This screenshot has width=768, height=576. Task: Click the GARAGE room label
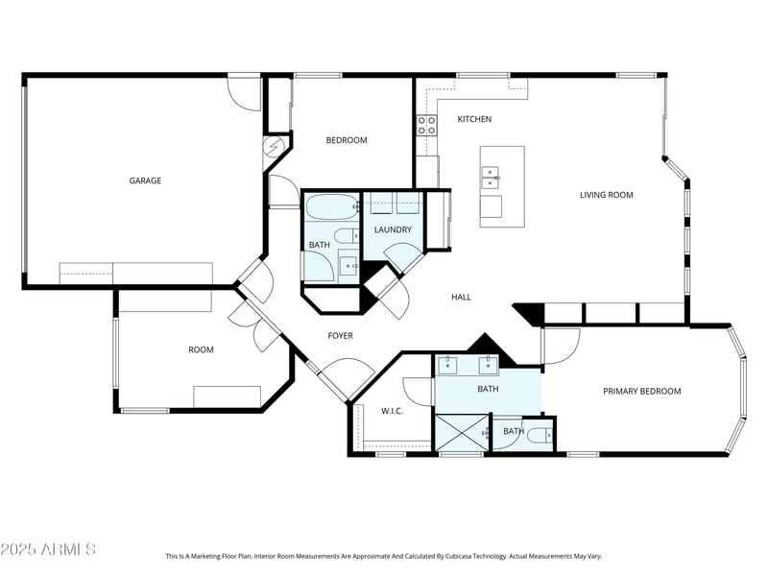[x=145, y=180]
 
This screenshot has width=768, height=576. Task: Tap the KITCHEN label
[x=474, y=119]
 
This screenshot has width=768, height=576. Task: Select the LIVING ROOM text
[x=607, y=195]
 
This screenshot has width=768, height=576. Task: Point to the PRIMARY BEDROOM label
[x=641, y=392]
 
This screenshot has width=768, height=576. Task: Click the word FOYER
[x=341, y=336]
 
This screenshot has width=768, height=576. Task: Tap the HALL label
[x=461, y=298]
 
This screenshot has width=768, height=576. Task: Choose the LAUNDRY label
[x=393, y=229]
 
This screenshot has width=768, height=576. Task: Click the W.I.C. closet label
[x=392, y=412]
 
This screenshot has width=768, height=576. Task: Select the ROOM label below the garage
[x=201, y=350]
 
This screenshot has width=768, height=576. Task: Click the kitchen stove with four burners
[x=426, y=126]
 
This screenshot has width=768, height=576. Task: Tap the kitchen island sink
[x=491, y=178]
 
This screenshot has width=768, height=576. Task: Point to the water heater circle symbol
[x=273, y=146]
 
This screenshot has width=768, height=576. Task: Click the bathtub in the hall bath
[x=332, y=207]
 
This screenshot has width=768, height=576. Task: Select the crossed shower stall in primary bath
[x=462, y=433]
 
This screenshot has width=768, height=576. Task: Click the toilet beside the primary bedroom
[x=542, y=435]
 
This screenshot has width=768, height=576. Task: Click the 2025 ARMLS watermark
[x=48, y=549]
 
